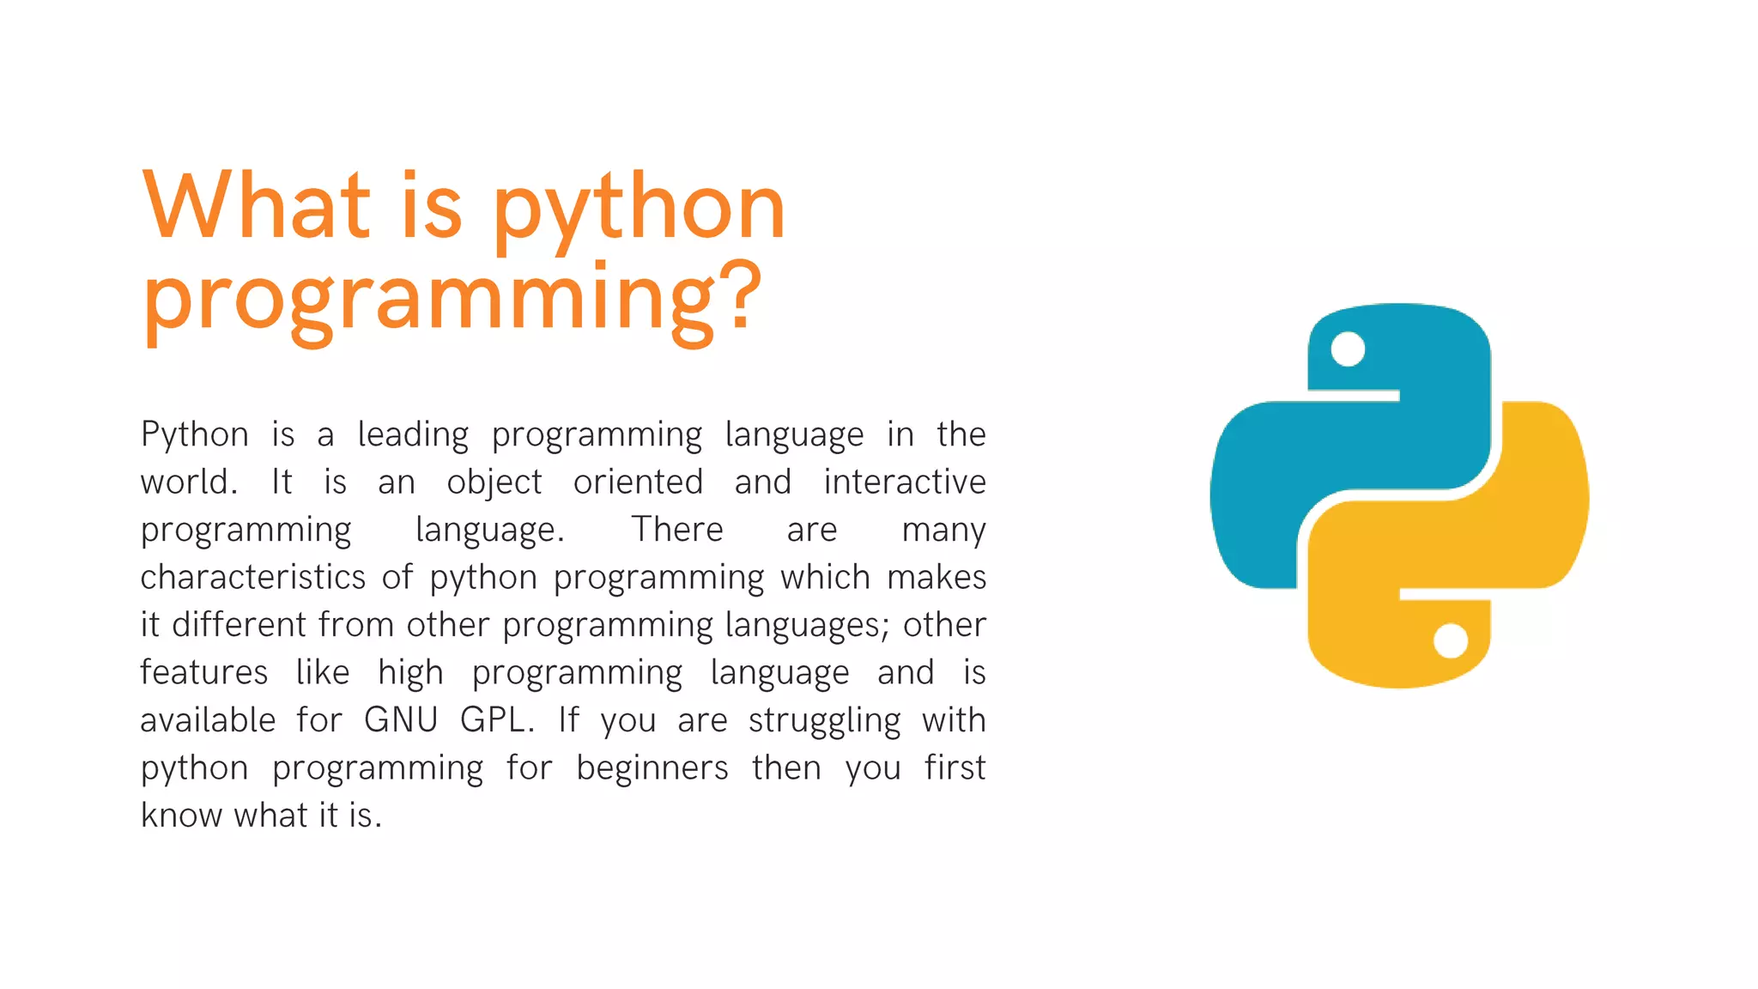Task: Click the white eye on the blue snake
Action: click(x=1348, y=349)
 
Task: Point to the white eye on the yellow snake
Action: click(x=1451, y=640)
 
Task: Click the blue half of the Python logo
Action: click(x=1288, y=481)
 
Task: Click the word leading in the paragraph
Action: click(x=413, y=435)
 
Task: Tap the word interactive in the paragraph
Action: click(x=905, y=482)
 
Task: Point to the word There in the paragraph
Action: click(x=677, y=530)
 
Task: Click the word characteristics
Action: click(x=253, y=578)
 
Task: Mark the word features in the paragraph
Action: click(x=204, y=672)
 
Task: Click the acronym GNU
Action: click(x=401, y=720)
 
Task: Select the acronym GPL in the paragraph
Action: click(x=496, y=720)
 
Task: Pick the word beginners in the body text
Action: click(x=652, y=768)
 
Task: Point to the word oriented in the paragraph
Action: click(x=638, y=482)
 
